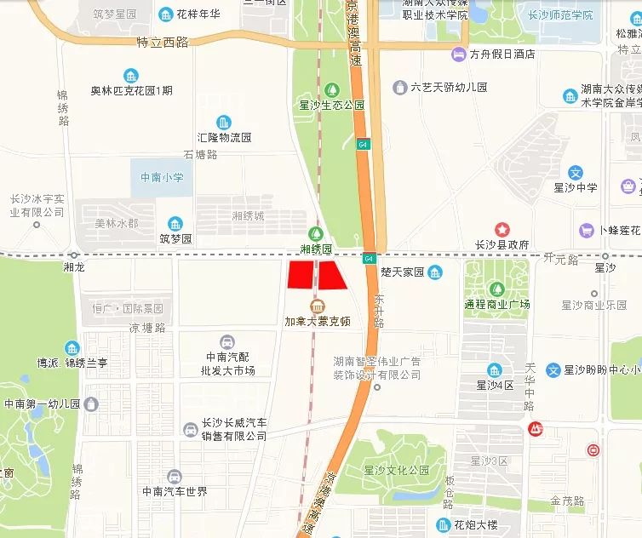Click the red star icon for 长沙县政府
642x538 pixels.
(x=502, y=229)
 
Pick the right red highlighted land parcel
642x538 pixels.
(x=333, y=275)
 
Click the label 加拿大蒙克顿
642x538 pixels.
(x=317, y=323)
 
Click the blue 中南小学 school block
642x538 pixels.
(x=162, y=177)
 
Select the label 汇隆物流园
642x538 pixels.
(x=224, y=136)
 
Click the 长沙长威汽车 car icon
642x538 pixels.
(x=190, y=429)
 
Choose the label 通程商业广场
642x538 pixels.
(x=497, y=304)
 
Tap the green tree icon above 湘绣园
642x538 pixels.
(x=316, y=232)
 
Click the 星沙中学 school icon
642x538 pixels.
(x=576, y=173)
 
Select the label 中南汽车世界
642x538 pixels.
(x=175, y=491)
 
